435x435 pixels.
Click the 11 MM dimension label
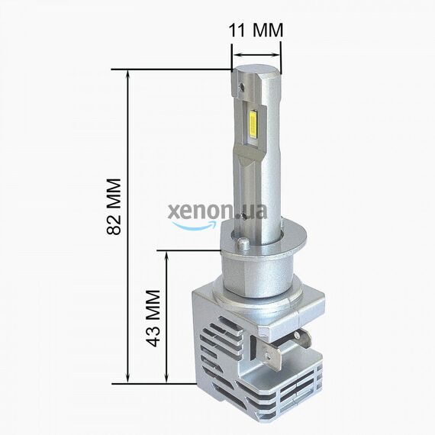coord(256,31)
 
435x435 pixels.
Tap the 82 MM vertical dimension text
coord(115,207)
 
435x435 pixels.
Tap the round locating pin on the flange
coord(243,244)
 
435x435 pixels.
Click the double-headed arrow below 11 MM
coord(256,54)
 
